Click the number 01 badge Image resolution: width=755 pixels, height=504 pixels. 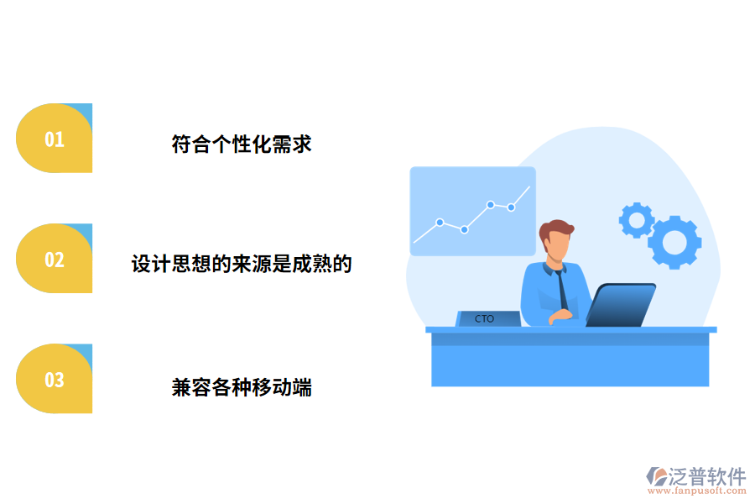pos(54,139)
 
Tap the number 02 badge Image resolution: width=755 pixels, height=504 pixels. pos(54,259)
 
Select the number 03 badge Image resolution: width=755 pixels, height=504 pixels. pos(54,380)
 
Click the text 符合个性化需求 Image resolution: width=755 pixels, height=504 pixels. pos(242,144)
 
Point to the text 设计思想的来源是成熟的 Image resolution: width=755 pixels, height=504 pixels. pos(242,265)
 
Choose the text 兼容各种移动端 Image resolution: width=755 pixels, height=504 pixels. pos(242,387)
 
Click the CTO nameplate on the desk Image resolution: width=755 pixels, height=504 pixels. pos(486,319)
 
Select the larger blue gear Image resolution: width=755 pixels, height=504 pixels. pos(674,242)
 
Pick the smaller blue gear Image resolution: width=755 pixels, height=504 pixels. pos(637,220)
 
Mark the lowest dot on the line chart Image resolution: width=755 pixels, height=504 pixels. pos(464,229)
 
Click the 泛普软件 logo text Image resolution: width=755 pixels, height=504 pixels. pos(706,476)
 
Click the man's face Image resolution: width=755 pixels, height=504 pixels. pos(557,246)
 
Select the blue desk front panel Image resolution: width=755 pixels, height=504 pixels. pos(570,361)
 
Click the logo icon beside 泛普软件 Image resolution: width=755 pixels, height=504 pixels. pos(656,476)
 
